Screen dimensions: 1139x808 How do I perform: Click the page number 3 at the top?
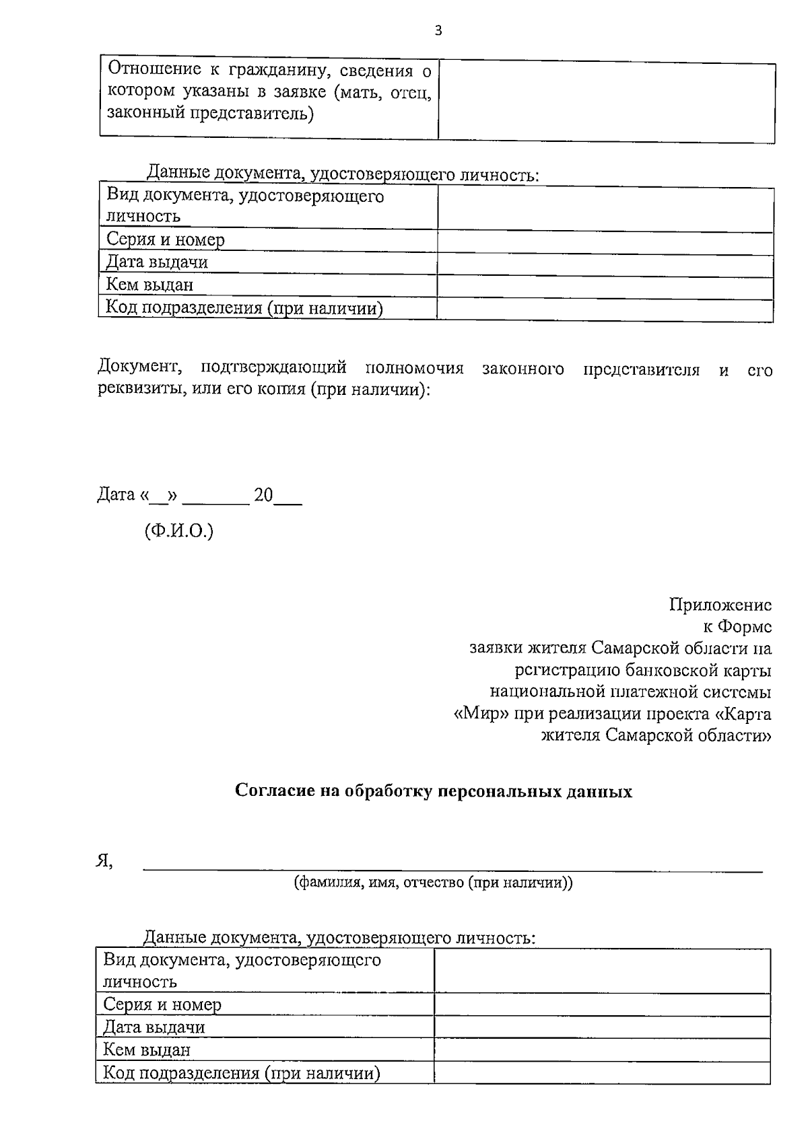pos(438,30)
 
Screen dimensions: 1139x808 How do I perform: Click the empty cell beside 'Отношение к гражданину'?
pos(606,102)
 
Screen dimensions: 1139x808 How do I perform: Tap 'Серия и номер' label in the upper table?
pos(165,240)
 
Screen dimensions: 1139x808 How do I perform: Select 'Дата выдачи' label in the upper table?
pos(157,262)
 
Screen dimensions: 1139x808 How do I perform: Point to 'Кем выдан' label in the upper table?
pos(149,285)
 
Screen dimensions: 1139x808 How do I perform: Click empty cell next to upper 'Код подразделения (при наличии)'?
pos(605,309)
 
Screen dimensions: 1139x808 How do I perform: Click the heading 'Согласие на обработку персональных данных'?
pos(434,791)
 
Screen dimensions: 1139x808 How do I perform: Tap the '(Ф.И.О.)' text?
pos(178,531)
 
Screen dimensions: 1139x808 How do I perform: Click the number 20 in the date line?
pos(263,496)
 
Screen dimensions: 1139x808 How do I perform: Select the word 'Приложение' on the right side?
pos(720,605)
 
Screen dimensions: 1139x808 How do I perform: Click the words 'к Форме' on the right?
pos(737,627)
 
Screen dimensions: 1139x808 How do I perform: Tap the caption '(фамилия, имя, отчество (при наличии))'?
pos(433,883)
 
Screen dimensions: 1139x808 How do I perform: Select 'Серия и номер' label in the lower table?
pos(162,1004)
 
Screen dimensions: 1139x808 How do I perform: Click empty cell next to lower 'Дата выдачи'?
pos(602,1027)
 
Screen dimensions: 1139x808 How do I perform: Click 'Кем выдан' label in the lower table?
pos(147,1050)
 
